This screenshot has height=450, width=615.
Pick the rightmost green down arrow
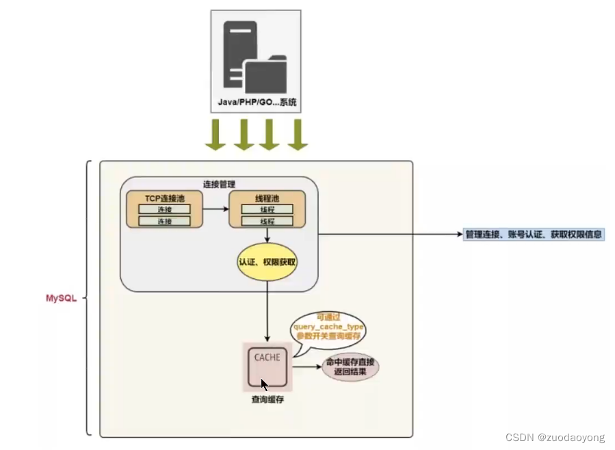click(x=297, y=135)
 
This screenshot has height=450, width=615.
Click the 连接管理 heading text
click(x=219, y=184)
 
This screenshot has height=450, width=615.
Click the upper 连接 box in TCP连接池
click(x=164, y=209)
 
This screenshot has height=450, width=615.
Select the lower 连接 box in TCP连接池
click(x=164, y=222)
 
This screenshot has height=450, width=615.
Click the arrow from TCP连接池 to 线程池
click(x=215, y=209)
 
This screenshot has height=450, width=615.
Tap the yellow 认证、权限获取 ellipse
click(x=267, y=261)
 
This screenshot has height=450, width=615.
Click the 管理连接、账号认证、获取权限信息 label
click(x=534, y=234)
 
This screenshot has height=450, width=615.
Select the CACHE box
click(x=267, y=366)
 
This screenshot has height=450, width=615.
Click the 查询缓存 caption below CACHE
click(x=267, y=399)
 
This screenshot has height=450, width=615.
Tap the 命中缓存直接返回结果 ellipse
click(x=350, y=368)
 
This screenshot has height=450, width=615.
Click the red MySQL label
click(x=62, y=299)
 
